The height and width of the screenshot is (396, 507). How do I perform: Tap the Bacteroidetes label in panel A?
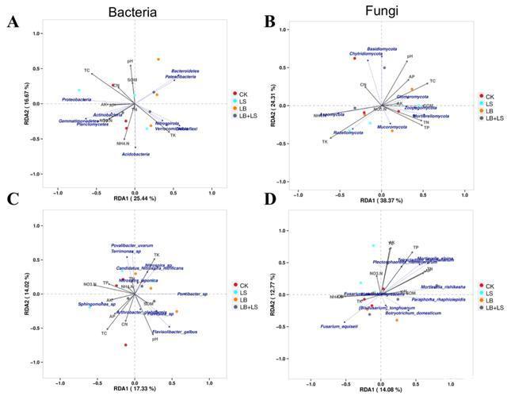185,71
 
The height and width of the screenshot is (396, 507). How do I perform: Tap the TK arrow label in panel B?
325,142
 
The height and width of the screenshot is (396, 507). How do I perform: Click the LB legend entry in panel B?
490,111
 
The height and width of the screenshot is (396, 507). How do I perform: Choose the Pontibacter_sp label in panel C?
192,294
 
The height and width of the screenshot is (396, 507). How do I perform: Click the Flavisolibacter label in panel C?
174,332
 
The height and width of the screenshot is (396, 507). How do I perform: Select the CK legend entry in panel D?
490,286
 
